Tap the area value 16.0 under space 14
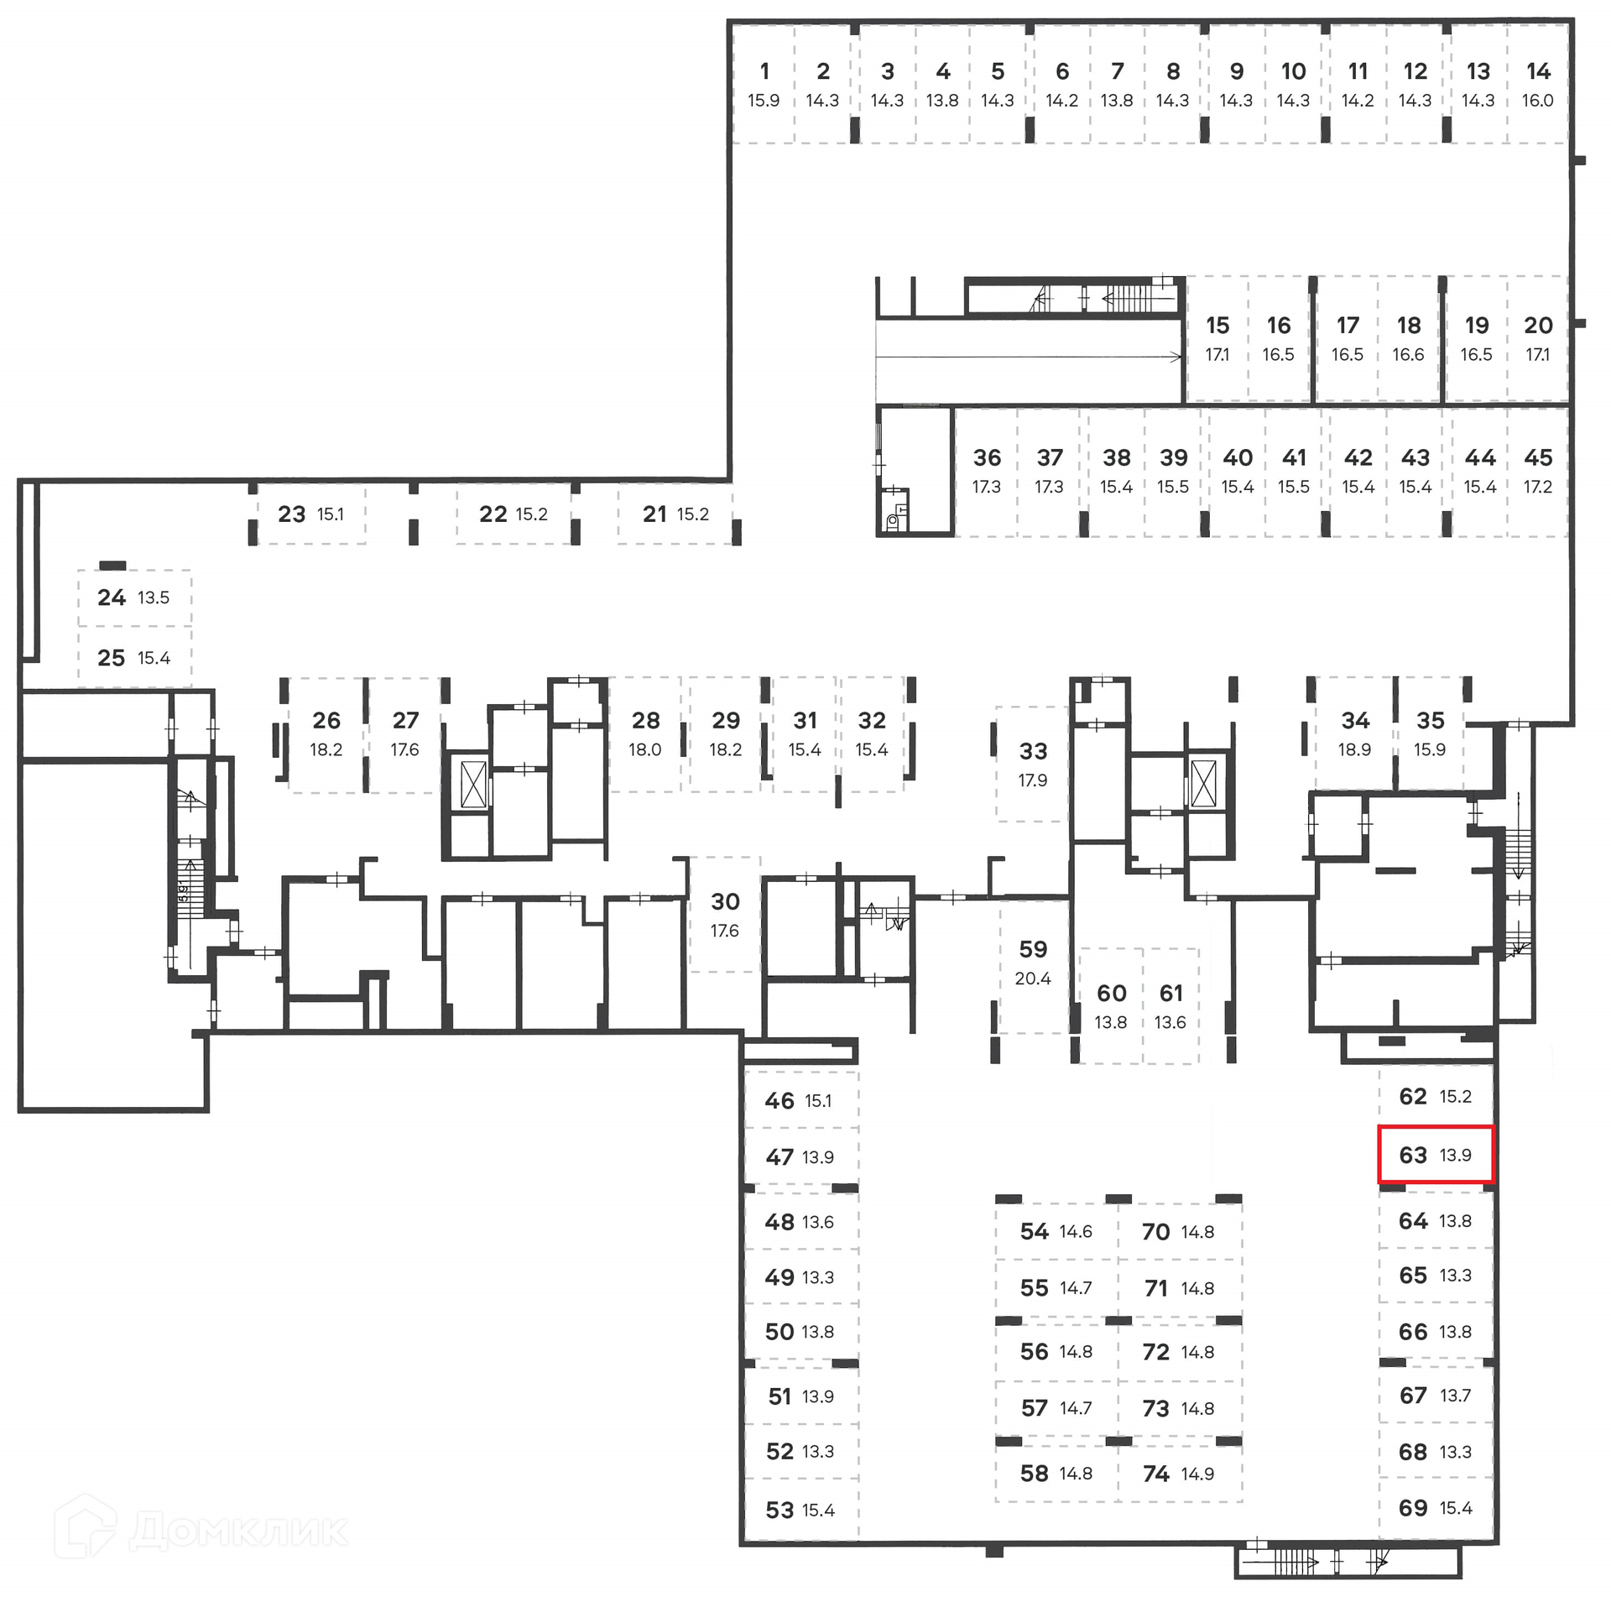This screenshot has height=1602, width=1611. click(x=1537, y=101)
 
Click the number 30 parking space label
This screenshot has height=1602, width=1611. click(x=725, y=901)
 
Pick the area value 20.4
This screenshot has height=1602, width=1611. click(x=1033, y=978)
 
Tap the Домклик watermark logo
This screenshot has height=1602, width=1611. click(x=201, y=1530)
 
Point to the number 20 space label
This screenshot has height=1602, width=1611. click(x=1538, y=326)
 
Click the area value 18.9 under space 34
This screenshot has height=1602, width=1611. click(x=1354, y=749)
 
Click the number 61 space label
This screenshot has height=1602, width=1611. click(x=1170, y=994)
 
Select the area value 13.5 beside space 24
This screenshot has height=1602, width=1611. click(x=154, y=597)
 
